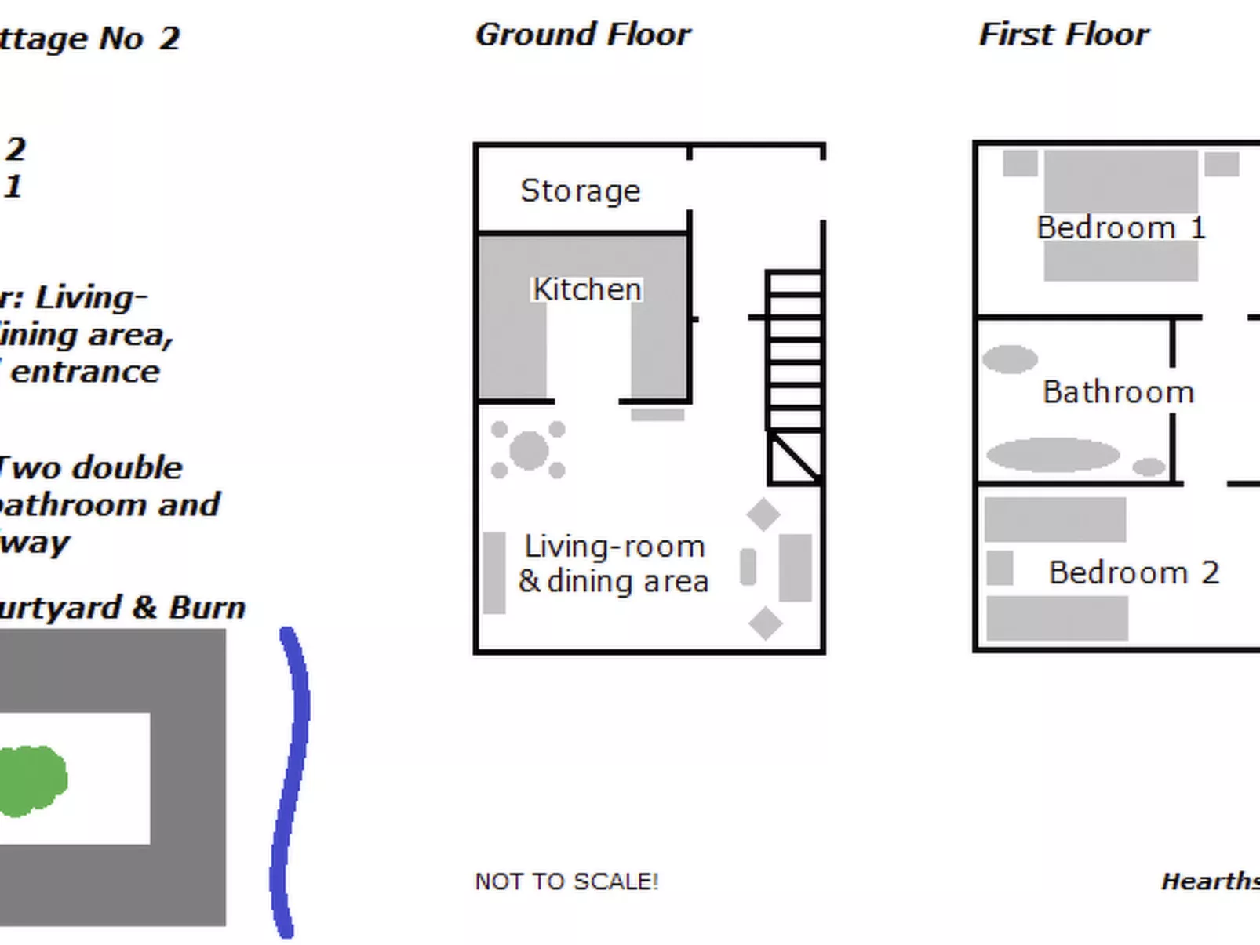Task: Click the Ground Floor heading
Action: tap(583, 35)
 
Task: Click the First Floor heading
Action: tap(1063, 35)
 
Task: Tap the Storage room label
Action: tap(581, 191)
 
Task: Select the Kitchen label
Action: tap(587, 289)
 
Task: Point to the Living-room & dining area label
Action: tap(614, 564)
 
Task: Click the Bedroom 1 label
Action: tap(1120, 228)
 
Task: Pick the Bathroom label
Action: tap(1118, 392)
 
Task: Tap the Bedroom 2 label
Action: tap(1134, 573)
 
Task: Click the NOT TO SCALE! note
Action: tap(566, 881)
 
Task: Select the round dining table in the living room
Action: tap(529, 450)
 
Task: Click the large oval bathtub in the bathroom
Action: tap(1052, 455)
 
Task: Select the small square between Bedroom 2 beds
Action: tap(1000, 568)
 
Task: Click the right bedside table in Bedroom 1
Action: tap(1222, 164)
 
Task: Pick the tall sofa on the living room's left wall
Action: tap(494, 572)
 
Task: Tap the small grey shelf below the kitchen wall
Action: tap(657, 415)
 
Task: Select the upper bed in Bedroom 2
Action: tap(1055, 519)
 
